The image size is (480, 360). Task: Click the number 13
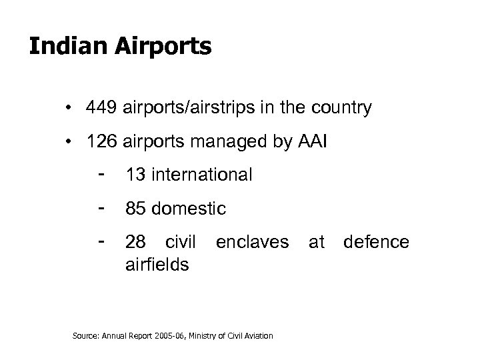click(136, 175)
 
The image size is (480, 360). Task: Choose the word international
click(203, 175)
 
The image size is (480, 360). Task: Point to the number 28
click(136, 242)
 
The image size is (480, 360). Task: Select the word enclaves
click(252, 242)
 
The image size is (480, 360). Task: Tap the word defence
click(376, 242)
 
